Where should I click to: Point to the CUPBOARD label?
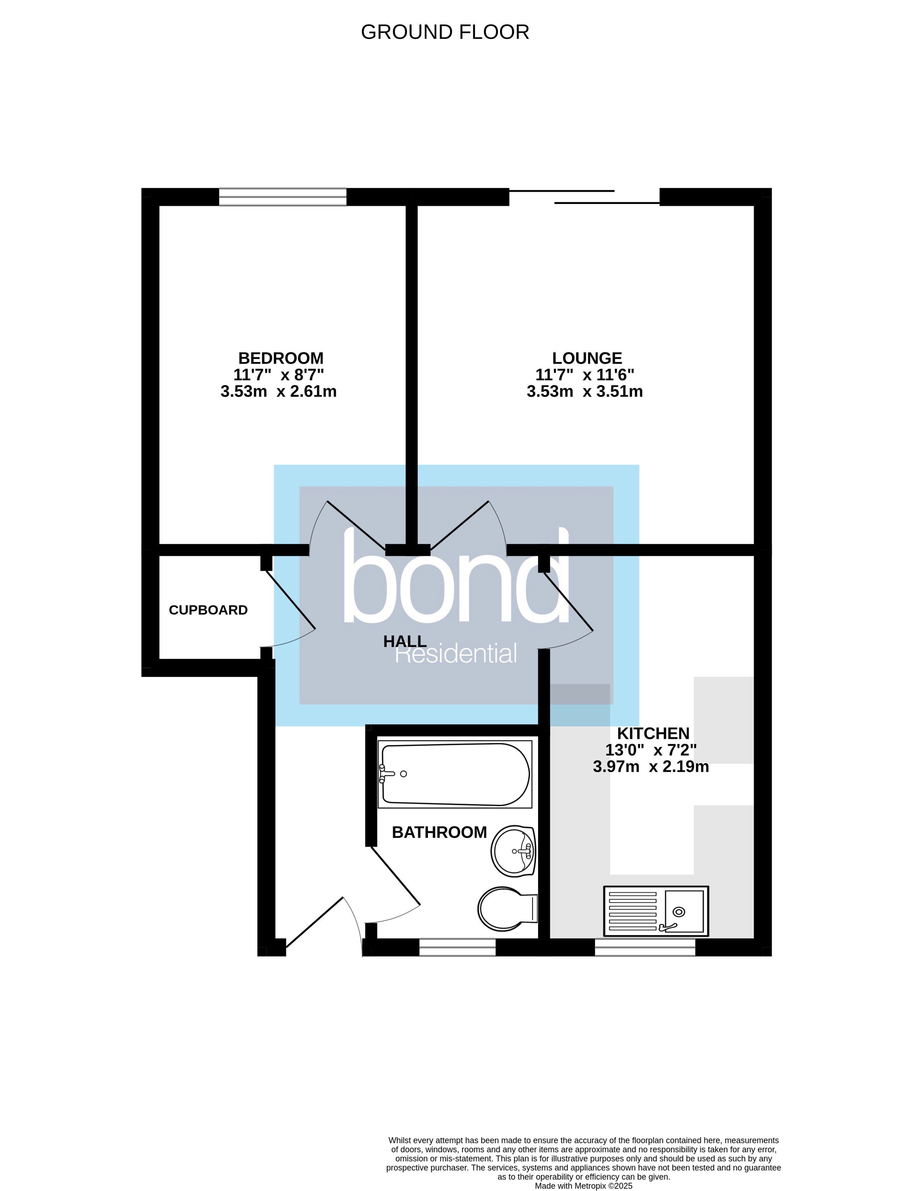pos(208,610)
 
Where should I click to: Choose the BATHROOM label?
pos(439,832)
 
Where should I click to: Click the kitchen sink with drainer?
pos(655,911)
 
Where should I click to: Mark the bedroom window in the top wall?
pos(283,197)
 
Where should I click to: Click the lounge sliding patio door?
pos(584,197)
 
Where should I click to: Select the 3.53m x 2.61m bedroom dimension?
pos(278,391)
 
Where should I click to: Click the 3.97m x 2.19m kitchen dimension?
pos(651,767)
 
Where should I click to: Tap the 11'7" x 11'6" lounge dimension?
pos(585,375)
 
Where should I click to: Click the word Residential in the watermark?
pos(455,654)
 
